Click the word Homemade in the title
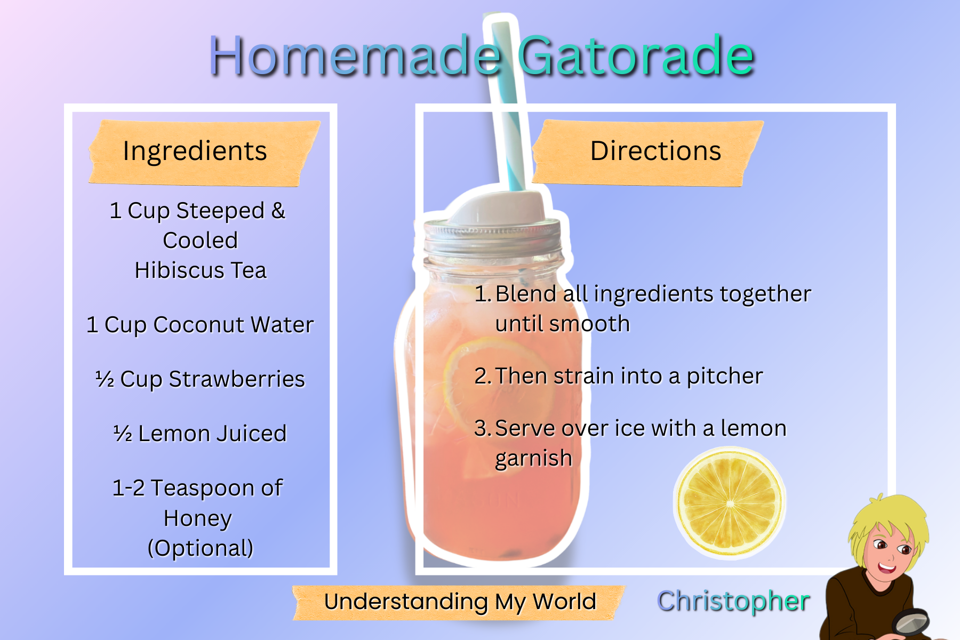[355, 55]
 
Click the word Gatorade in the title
[636, 55]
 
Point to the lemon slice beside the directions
[730, 503]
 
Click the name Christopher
[733, 601]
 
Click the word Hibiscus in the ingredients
[179, 270]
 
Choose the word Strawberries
[237, 379]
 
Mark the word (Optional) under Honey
[201, 548]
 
